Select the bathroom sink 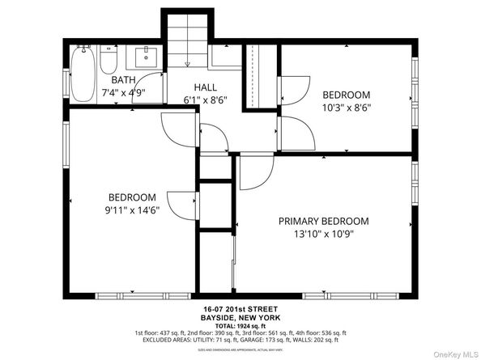(x=147, y=56)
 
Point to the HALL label (x=204, y=87)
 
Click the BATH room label (x=123, y=80)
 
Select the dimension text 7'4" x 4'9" (x=123, y=93)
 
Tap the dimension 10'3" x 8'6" (x=347, y=107)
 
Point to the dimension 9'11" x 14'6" (x=132, y=211)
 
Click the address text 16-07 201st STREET (x=240, y=309)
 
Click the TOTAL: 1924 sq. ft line (x=240, y=325)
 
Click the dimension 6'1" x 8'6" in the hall (x=204, y=100)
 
